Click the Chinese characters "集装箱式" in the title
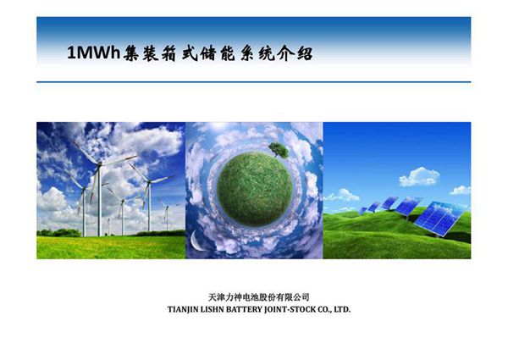(x=161, y=53)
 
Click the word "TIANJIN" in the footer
(x=189, y=310)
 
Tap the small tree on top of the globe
(x=278, y=150)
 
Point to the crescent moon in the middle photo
(x=196, y=241)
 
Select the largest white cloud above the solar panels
(x=419, y=176)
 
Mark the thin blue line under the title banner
(x=254, y=82)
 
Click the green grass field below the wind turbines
(x=110, y=246)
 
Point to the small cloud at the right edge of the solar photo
(x=460, y=190)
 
